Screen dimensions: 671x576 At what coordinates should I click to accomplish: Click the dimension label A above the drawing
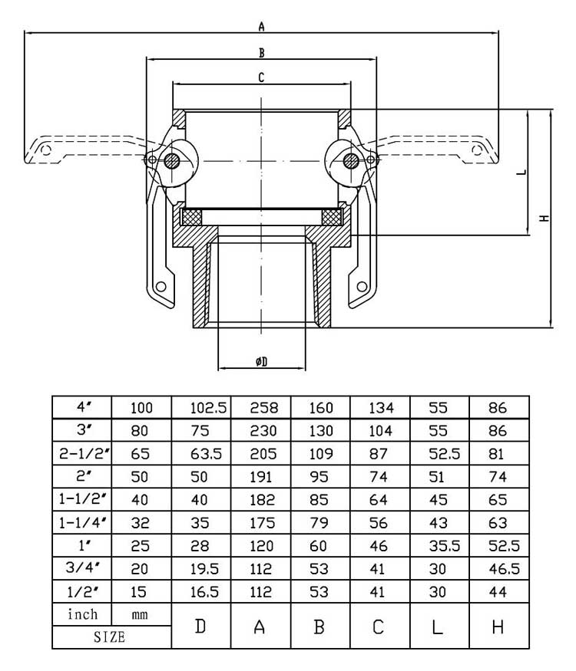[261, 27]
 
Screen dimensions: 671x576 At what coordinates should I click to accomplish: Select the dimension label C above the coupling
[261, 77]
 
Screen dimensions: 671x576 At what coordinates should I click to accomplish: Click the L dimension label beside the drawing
[521, 173]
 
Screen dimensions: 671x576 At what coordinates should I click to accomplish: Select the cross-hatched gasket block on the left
[190, 217]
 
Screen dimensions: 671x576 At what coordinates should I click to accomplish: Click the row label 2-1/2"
[82, 454]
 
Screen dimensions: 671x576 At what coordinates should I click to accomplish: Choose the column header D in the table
[200, 627]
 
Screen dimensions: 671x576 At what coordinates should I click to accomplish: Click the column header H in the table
[498, 627]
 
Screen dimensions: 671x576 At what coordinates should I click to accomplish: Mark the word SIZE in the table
[111, 637]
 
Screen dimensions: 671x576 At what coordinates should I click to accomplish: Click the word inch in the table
[82, 614]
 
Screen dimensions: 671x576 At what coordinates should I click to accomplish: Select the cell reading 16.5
[200, 592]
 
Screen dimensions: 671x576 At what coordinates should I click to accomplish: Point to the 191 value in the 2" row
[260, 477]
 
